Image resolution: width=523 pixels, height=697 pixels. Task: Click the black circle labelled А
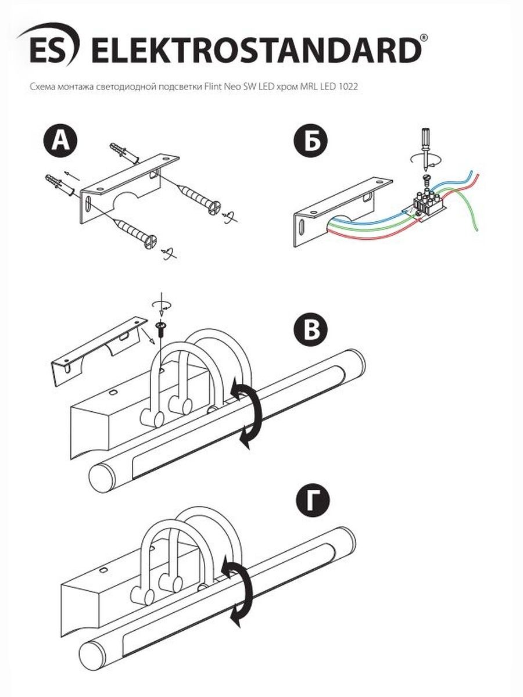pyautogui.click(x=60, y=141)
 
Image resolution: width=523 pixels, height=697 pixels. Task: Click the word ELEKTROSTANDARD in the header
pyautogui.click(x=256, y=50)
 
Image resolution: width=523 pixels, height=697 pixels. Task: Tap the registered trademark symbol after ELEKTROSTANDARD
pyautogui.click(x=424, y=38)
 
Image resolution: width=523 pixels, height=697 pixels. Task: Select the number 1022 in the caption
pyautogui.click(x=348, y=87)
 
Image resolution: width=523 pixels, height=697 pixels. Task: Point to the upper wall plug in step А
pyautogui.click(x=124, y=153)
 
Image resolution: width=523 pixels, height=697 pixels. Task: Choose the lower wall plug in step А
pyautogui.click(x=60, y=185)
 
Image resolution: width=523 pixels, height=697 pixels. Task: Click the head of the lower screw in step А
pyautogui.click(x=151, y=241)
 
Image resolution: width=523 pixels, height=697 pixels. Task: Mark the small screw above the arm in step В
pyautogui.click(x=162, y=328)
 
